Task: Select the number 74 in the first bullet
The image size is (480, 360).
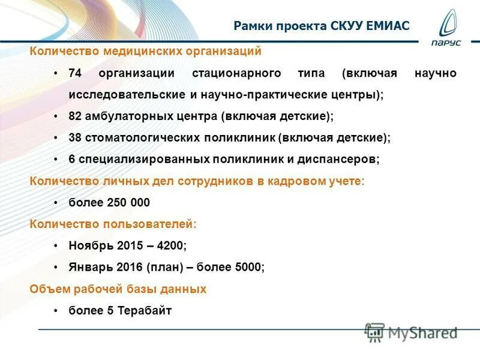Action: point(75,73)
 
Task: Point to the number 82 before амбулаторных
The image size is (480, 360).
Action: point(75,116)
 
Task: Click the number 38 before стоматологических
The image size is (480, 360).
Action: point(75,137)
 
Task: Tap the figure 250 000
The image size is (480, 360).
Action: point(128,202)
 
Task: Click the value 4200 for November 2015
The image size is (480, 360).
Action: point(173,245)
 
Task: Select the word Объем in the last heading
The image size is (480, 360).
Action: point(50,289)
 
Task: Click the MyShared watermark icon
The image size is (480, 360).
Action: point(374,332)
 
